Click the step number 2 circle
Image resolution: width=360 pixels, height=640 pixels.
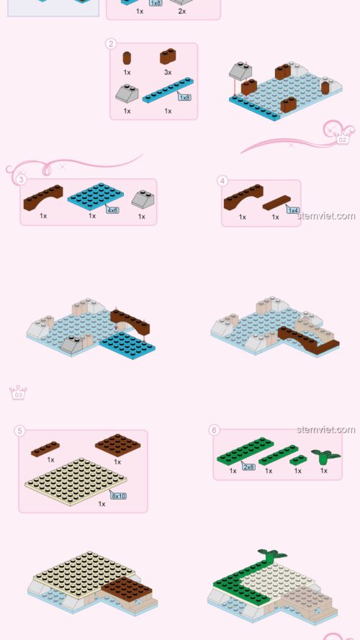coord(111,43)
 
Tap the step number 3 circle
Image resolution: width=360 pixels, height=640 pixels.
coord(22,179)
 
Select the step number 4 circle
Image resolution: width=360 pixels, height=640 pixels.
coord(222,180)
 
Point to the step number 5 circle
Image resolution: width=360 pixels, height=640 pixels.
coord(19,431)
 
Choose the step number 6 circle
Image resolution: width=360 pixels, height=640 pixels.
coord(214,430)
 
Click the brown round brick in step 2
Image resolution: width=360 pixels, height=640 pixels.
coord(127,58)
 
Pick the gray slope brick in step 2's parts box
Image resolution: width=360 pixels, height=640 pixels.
coord(126,94)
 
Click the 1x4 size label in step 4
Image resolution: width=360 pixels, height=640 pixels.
coord(292,209)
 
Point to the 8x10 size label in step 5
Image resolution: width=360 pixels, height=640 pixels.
coord(119,495)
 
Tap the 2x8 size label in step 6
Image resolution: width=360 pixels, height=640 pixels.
coord(248,467)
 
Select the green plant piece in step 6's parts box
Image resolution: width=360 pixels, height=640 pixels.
coord(325,456)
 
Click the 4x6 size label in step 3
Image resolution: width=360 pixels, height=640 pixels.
coord(112,209)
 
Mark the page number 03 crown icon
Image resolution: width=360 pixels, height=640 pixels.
coord(18,393)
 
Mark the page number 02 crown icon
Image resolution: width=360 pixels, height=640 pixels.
coord(343,137)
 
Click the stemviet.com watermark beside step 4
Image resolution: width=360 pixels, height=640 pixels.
coord(326,215)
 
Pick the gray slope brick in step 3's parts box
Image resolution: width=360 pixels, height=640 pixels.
coord(142,199)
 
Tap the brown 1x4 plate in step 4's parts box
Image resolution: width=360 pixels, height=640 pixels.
coord(276,202)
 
